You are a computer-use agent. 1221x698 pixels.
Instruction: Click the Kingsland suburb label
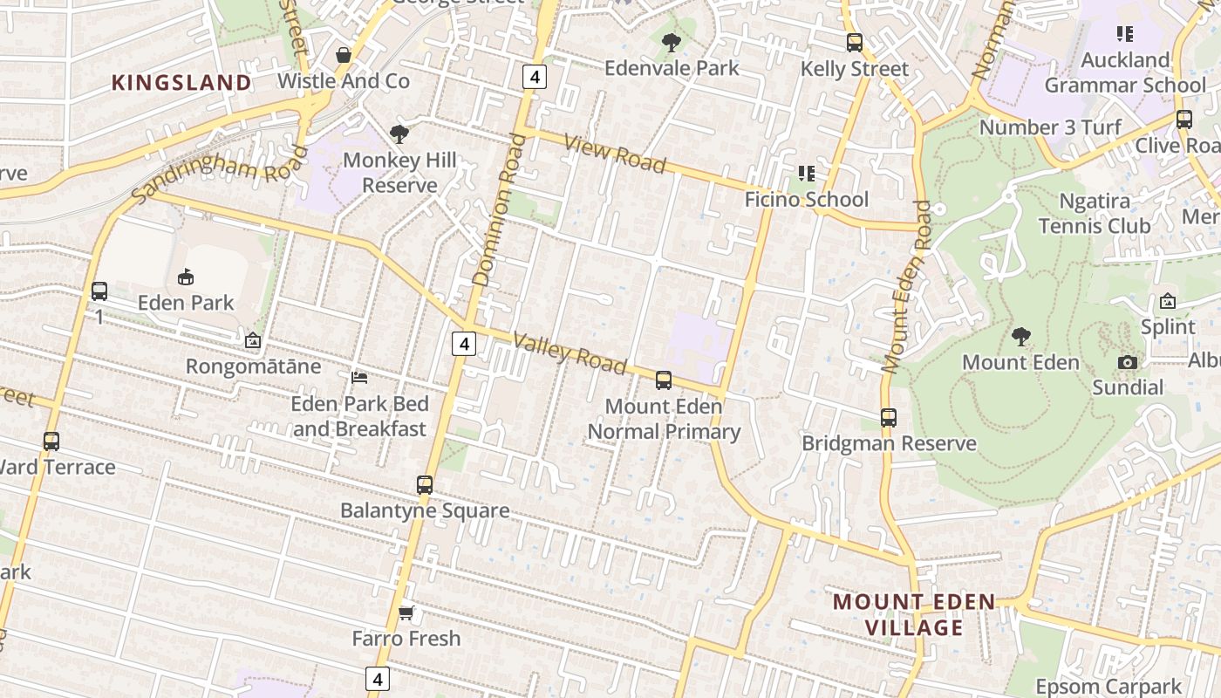pyautogui.click(x=181, y=83)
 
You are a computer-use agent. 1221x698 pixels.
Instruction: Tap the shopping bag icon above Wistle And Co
pyautogui.click(x=344, y=55)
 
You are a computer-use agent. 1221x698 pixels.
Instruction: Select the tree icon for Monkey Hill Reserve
pyautogui.click(x=399, y=133)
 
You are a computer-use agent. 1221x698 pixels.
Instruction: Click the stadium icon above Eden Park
pyautogui.click(x=185, y=277)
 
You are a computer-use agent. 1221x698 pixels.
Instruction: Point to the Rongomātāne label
pyautogui.click(x=253, y=366)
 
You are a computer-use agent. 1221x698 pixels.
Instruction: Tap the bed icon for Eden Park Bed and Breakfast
pyautogui.click(x=358, y=377)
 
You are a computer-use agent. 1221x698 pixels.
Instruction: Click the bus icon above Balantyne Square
pyautogui.click(x=424, y=484)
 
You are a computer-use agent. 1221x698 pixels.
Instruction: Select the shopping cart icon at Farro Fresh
pyautogui.click(x=406, y=612)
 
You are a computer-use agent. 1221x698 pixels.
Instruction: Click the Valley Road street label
pyautogui.click(x=570, y=352)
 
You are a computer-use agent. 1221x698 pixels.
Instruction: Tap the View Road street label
pyautogui.click(x=615, y=154)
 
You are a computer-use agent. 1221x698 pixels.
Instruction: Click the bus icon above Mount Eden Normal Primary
pyautogui.click(x=664, y=380)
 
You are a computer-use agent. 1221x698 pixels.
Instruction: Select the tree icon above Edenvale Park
pyautogui.click(x=671, y=41)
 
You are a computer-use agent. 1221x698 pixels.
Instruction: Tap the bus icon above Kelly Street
pyautogui.click(x=855, y=42)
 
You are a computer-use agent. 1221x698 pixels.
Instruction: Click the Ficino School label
pyautogui.click(x=806, y=199)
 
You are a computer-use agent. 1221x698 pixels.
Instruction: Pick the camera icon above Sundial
pyautogui.click(x=1128, y=362)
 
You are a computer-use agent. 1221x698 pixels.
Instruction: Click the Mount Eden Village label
pyautogui.click(x=914, y=614)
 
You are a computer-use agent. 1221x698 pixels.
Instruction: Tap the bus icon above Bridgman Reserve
pyautogui.click(x=888, y=417)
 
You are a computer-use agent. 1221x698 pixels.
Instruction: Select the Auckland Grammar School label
pyautogui.click(x=1125, y=72)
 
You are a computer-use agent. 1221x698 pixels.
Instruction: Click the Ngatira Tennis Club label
pyautogui.click(x=1095, y=213)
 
